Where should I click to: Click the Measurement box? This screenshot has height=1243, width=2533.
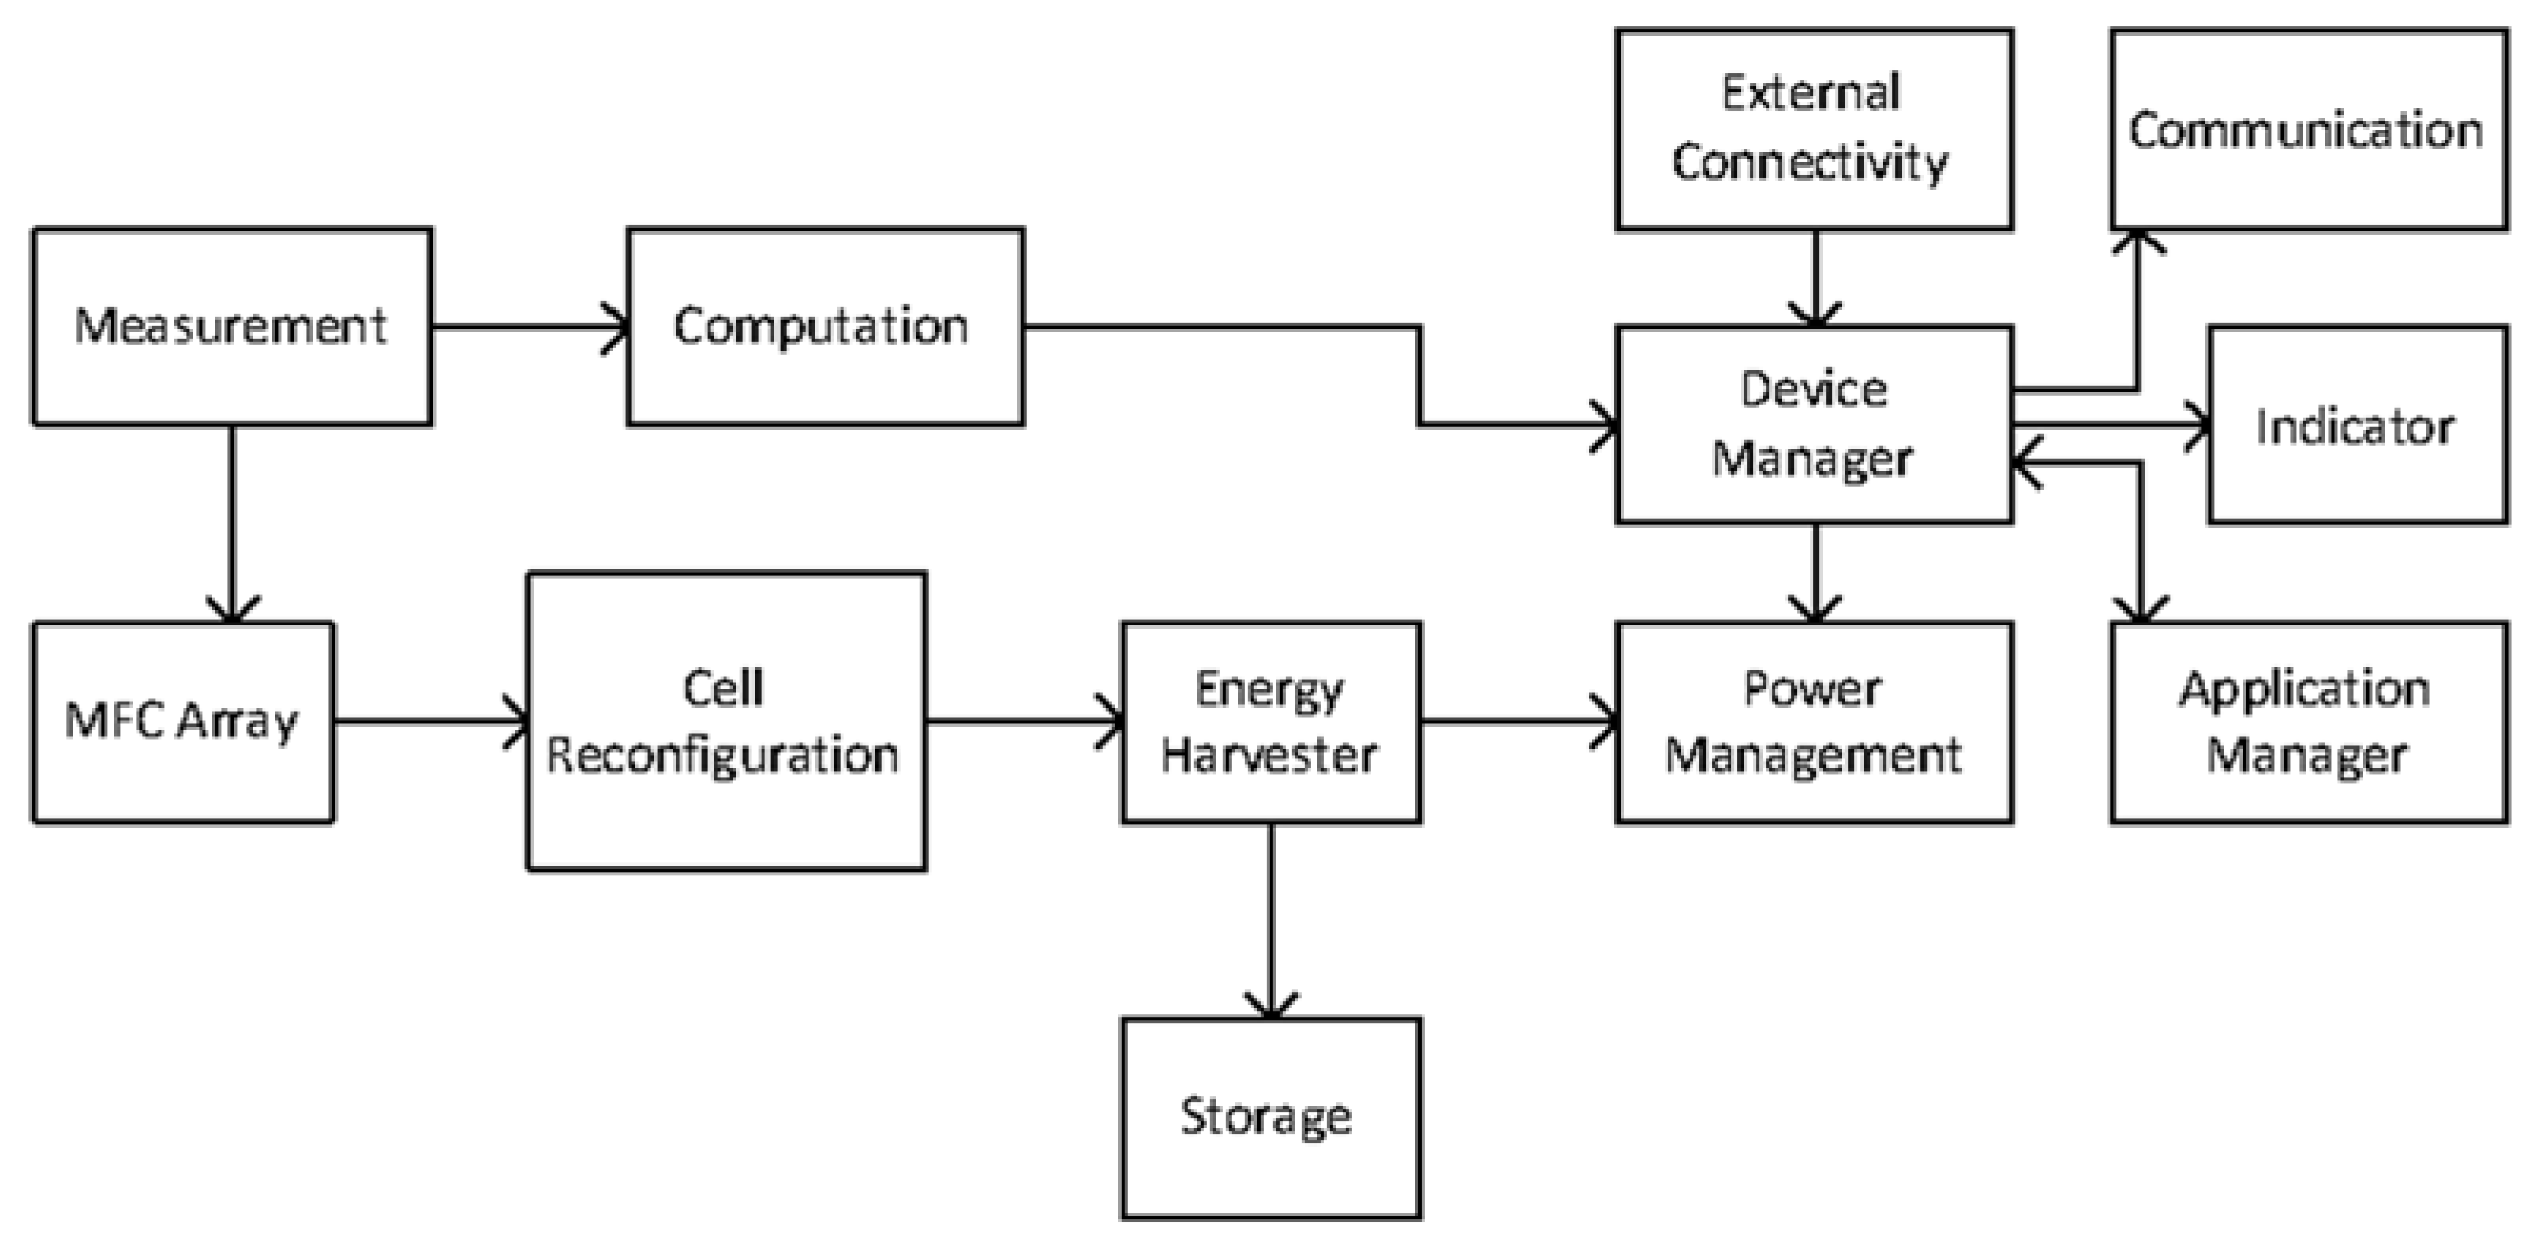coord(232,326)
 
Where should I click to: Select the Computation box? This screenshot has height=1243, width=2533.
coord(824,326)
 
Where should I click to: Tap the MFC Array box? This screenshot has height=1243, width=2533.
coord(183,722)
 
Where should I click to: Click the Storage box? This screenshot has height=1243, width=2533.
coord(1270,1118)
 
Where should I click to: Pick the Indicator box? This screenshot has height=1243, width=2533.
coord(2356,425)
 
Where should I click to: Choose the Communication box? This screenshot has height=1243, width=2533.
coord(2306,130)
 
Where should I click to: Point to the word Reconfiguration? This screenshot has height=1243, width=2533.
coord(723,755)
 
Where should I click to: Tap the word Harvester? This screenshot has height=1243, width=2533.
coord(1268,755)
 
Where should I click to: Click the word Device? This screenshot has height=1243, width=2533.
coord(1813,389)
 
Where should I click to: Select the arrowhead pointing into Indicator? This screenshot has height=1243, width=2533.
coord(2198,426)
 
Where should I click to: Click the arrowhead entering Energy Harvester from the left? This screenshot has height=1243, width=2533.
coord(1112,722)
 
